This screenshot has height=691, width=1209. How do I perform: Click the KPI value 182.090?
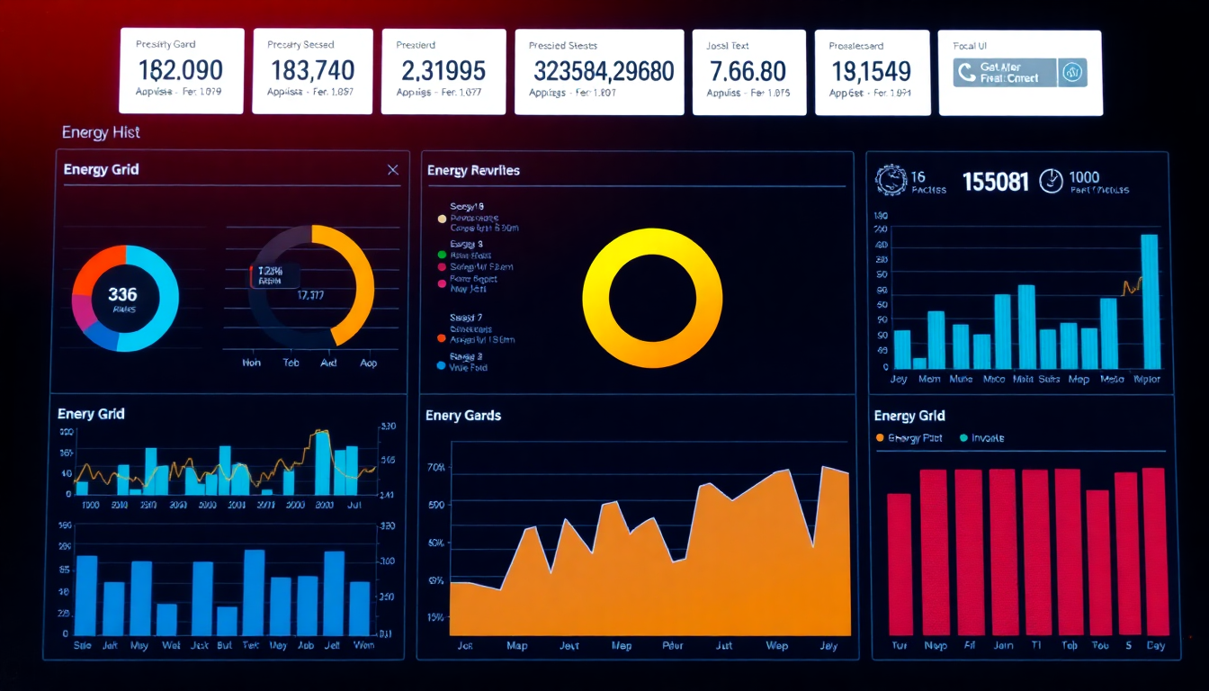180,70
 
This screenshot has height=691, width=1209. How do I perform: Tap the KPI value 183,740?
311,70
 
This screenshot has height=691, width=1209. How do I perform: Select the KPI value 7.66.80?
748,70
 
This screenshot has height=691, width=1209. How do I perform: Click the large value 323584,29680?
603,70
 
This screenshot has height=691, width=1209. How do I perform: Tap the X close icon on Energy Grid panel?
392,170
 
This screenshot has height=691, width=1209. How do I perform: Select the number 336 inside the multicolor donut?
122,294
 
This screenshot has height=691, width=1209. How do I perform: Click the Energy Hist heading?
101,132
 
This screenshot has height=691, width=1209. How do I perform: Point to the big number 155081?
995,182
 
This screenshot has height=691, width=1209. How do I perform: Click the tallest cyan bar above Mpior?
1149,301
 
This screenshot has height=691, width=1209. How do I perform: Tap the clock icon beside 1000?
1050,181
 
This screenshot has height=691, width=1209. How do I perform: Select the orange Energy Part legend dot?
880,438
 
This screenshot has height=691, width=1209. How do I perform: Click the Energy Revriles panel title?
473,170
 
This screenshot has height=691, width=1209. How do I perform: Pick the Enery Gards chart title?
463,416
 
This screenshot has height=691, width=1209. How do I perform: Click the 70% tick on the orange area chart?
436,468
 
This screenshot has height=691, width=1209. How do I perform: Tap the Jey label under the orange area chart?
828,646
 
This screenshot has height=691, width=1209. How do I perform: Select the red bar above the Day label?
1153,551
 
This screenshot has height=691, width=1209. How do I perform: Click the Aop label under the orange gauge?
369,363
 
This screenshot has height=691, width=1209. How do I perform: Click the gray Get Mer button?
1004,73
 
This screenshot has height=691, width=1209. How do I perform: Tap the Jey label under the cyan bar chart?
899,380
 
